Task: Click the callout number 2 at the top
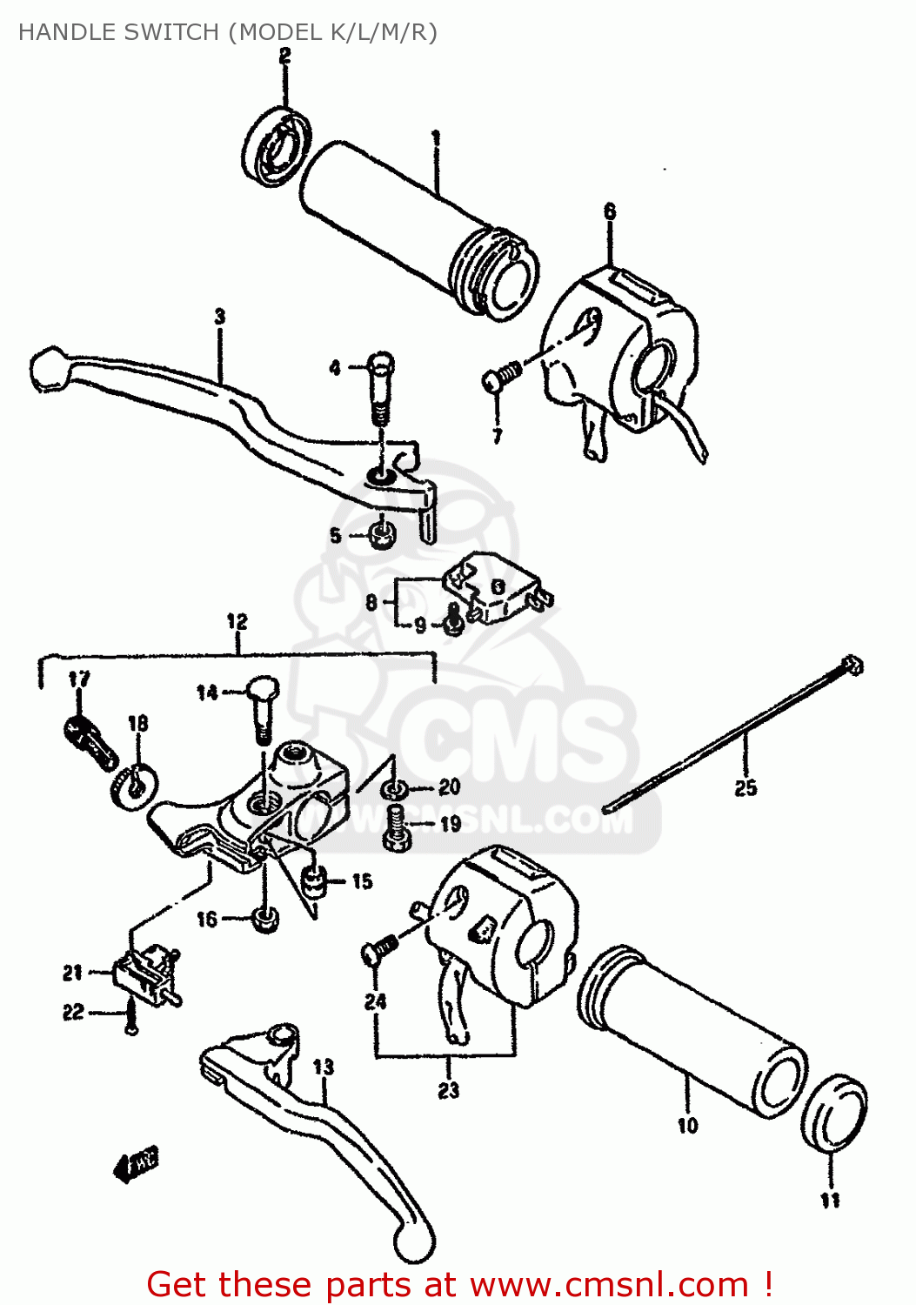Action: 284,57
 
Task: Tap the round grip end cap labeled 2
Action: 275,146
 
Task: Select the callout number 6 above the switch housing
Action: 610,211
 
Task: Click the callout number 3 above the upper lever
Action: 220,318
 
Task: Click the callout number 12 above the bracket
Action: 237,621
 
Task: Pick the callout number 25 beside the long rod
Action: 746,788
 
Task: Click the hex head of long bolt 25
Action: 852,666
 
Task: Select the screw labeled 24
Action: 378,950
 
